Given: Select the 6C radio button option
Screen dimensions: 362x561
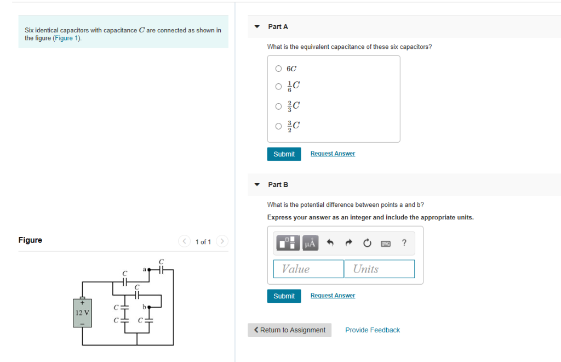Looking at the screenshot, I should (278, 69).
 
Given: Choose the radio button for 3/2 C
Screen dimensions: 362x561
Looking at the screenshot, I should (278, 126).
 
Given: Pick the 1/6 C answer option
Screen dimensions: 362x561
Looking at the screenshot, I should (278, 86).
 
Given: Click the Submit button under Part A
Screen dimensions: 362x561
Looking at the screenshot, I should (284, 154).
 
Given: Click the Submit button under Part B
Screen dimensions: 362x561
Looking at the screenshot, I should (284, 296).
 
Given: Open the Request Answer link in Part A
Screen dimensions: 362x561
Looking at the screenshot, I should (333, 154).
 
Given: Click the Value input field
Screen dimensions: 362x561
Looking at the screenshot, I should (308, 269).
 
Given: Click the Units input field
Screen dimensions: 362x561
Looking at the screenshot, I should (379, 269).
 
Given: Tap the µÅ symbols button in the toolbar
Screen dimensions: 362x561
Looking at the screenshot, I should (310, 243).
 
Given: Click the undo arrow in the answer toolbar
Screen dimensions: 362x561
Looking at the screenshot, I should (330, 243).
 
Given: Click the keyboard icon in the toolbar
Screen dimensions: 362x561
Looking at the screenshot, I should (386, 243).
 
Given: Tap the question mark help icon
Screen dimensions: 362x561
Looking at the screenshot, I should (404, 243).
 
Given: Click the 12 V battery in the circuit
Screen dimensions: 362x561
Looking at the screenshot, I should (83, 313).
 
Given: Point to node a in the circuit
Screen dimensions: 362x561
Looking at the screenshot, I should (148, 270).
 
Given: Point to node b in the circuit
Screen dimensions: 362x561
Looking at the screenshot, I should (148, 307).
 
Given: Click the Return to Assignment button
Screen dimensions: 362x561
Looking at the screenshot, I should (289, 330).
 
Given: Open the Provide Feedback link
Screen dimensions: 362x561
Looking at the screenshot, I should (373, 330).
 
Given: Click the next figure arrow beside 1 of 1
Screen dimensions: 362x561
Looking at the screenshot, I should (222, 241).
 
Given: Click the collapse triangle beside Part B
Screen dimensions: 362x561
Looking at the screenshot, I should (257, 185).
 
